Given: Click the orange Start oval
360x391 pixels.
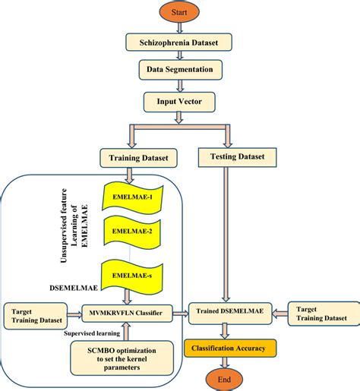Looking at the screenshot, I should click(x=178, y=13).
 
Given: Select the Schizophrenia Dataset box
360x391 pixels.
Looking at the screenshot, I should click(x=179, y=44).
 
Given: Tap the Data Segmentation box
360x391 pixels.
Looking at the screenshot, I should click(x=179, y=71).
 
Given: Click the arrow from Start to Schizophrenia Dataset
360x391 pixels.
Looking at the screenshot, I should click(x=178, y=29).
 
